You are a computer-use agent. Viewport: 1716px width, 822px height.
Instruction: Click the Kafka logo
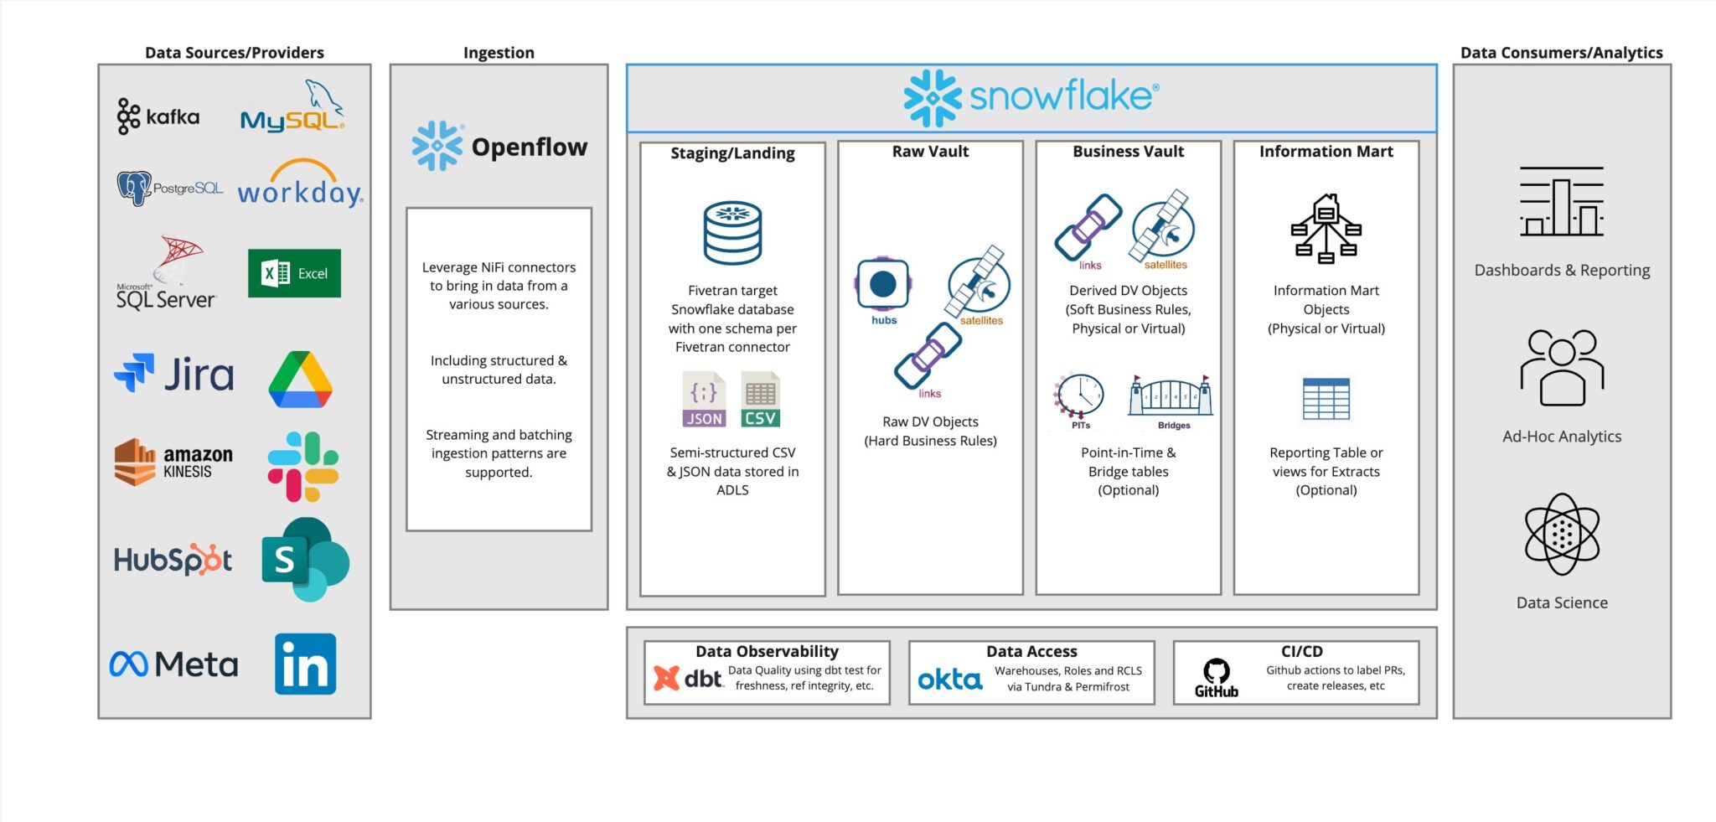click(158, 116)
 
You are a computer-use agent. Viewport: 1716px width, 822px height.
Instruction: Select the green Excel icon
click(294, 273)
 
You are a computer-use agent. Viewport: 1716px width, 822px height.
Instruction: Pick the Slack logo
click(302, 467)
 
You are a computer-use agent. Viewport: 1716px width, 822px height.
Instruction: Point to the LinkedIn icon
click(305, 664)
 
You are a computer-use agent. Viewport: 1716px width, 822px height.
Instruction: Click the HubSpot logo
click(173, 560)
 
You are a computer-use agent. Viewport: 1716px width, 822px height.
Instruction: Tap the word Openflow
click(529, 147)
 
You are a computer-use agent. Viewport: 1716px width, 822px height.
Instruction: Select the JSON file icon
click(704, 400)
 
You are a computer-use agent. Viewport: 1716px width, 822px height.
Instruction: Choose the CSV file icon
click(760, 400)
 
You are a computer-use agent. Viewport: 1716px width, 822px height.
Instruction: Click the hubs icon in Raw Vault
click(883, 285)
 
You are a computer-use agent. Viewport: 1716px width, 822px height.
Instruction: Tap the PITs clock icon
click(1079, 395)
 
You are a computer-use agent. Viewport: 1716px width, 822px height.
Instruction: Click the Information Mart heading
click(1326, 152)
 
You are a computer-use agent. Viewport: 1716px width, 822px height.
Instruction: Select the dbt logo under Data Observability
click(687, 678)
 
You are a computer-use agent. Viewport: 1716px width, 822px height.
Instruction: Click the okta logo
click(949, 679)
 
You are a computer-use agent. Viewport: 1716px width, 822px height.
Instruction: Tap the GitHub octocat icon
click(1216, 671)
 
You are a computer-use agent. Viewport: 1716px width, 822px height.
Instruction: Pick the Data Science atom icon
click(1562, 534)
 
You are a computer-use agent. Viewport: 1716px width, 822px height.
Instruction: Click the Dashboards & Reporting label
click(1562, 271)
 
